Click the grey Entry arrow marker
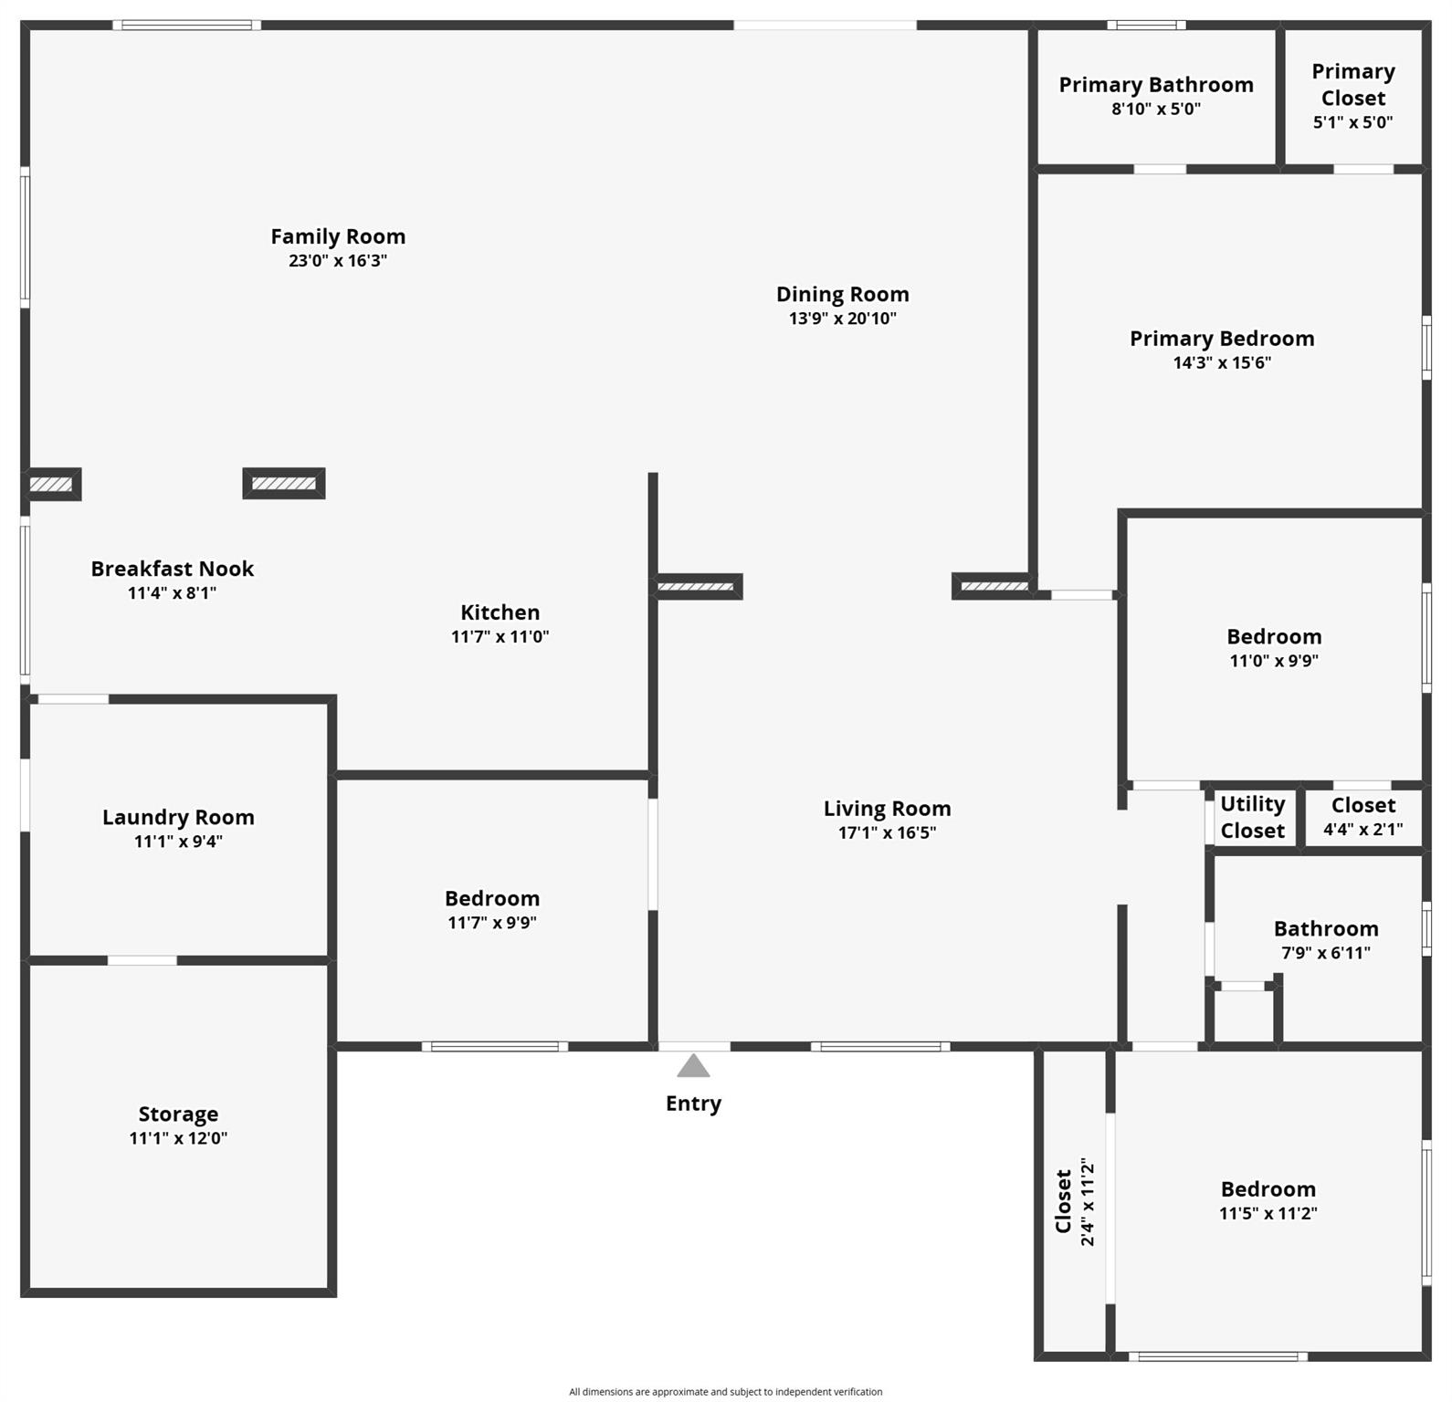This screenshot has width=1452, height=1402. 693,1066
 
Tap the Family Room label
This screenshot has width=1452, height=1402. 338,236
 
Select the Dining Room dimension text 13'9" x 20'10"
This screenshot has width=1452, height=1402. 843,319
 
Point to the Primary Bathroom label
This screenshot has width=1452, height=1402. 1156,85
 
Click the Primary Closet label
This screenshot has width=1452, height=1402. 1353,85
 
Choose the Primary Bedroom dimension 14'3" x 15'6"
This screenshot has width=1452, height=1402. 1222,362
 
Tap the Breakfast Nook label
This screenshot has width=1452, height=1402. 172,569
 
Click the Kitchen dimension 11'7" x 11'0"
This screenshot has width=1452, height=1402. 500,636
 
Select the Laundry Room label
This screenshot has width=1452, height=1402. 178,817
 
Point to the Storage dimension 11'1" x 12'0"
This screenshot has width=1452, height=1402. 178,1138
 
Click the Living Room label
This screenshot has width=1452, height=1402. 887,809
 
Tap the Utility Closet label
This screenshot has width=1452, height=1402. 1252,817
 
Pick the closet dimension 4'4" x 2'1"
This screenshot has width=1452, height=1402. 1363,830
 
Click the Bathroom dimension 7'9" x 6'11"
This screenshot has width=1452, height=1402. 1325,953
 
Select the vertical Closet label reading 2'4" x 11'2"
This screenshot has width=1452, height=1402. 1075,1201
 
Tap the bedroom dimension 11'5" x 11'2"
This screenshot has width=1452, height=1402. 1268,1213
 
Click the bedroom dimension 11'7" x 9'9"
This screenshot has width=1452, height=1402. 491,923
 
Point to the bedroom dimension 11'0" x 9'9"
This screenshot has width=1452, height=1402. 1274,661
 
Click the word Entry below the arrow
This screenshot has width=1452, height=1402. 693,1104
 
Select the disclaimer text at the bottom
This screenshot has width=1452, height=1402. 726,1392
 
